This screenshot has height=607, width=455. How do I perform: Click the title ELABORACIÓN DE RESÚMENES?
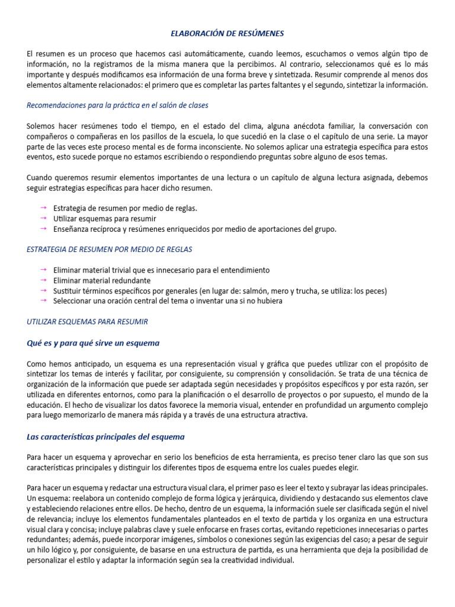pyautogui.click(x=227, y=34)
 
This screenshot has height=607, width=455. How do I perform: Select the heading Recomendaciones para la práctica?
pyautogui.click(x=117, y=106)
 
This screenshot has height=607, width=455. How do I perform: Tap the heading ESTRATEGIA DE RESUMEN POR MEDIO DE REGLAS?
pyautogui.click(x=110, y=250)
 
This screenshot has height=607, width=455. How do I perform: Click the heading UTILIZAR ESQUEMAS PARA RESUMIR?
pyautogui.click(x=87, y=322)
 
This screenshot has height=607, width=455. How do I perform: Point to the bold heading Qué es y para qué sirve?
pyautogui.click(x=93, y=343)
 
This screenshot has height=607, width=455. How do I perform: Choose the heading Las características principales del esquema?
pyautogui.click(x=105, y=437)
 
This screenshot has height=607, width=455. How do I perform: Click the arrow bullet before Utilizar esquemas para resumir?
pyautogui.click(x=43, y=219)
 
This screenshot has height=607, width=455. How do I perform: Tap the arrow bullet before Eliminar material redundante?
pyautogui.click(x=43, y=280)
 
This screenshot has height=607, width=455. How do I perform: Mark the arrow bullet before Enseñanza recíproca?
pyautogui.click(x=43, y=229)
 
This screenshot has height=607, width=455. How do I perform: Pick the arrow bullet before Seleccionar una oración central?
pyautogui.click(x=43, y=301)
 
